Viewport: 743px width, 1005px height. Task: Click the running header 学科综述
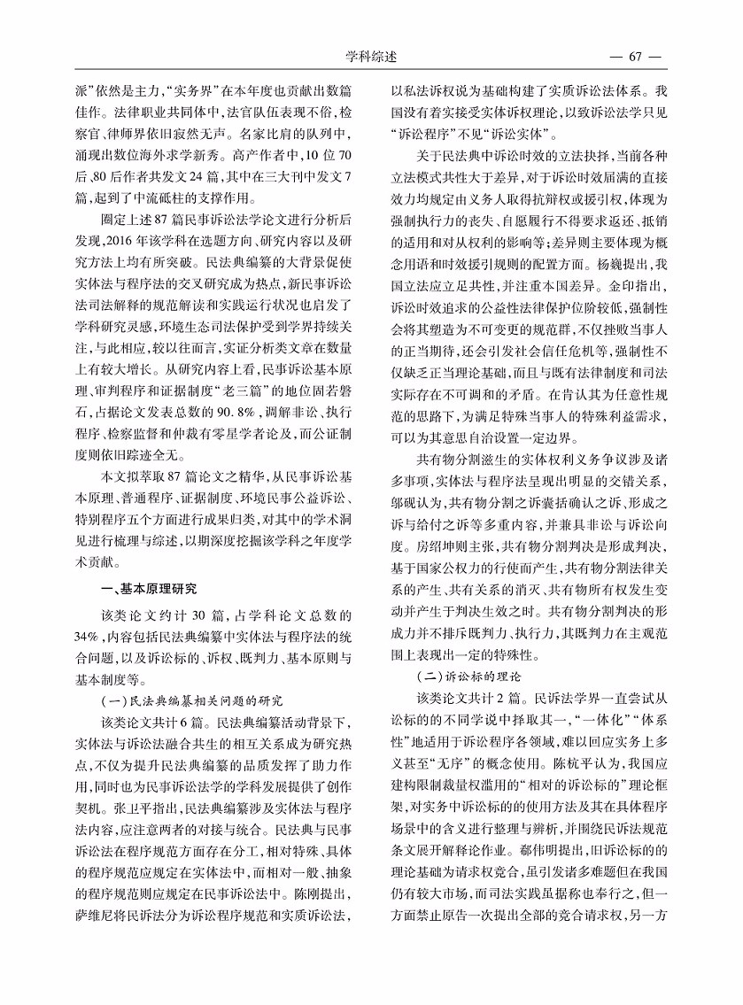[371, 57]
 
